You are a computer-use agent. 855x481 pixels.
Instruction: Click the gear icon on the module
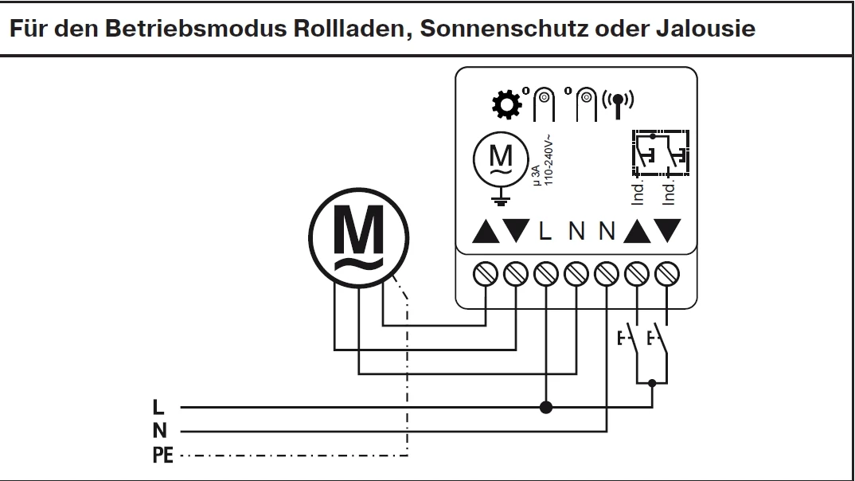click(x=506, y=104)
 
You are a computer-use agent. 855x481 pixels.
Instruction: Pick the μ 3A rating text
click(x=537, y=170)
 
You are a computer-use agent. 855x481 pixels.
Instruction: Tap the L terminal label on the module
click(x=545, y=232)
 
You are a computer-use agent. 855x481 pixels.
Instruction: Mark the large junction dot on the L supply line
click(x=545, y=408)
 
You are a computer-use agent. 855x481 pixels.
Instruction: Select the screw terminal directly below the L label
click(x=545, y=273)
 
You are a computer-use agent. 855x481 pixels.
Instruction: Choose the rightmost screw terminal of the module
click(x=666, y=273)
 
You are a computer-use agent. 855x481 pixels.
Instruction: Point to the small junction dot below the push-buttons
click(x=652, y=383)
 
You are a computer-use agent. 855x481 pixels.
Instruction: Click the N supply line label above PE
click(x=159, y=432)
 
